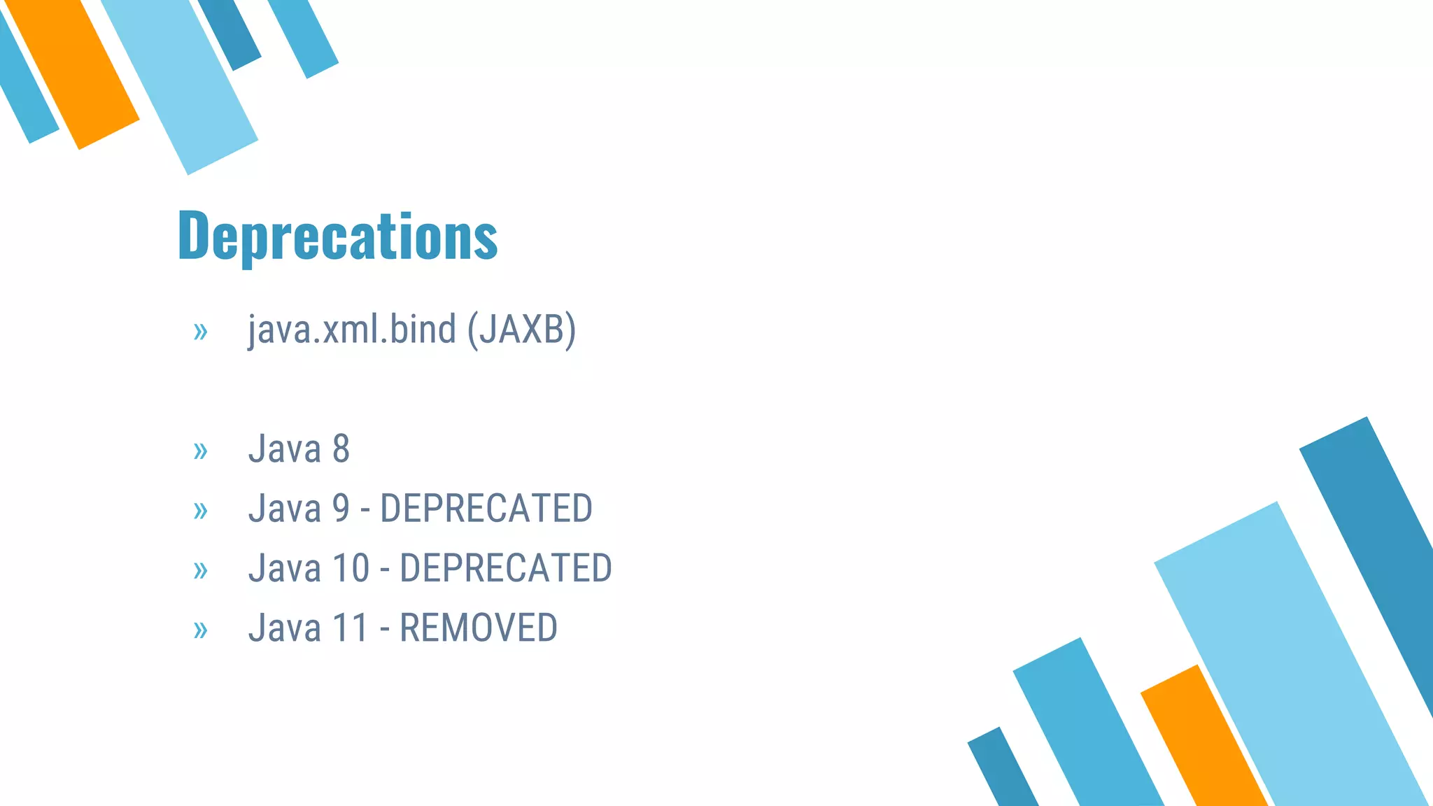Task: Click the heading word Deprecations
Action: [x=338, y=236]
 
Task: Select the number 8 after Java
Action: [x=341, y=448]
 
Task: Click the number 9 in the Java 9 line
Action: [x=341, y=508]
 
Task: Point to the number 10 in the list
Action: [x=351, y=567]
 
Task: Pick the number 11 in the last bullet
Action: [x=350, y=628]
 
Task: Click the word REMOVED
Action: [x=479, y=628]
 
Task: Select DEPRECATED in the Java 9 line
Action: [x=486, y=508]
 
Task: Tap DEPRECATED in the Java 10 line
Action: [x=506, y=567]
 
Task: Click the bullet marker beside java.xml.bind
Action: [x=201, y=332]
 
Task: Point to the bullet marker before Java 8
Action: [x=201, y=451]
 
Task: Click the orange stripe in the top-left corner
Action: [x=73, y=70]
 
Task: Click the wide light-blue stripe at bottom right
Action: [x=1287, y=651]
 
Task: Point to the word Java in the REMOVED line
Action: [x=284, y=628]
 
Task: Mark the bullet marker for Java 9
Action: [x=201, y=511]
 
